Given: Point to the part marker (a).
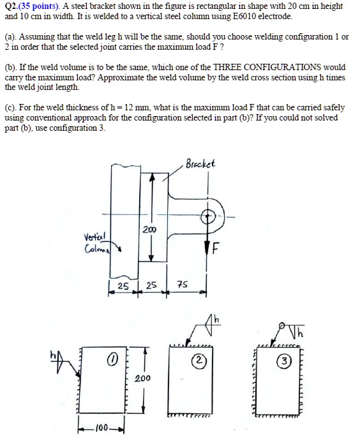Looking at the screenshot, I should click(11, 37).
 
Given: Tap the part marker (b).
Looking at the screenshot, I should click(11, 67).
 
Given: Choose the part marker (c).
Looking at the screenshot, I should click(11, 107).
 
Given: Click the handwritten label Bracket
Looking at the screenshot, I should click(200, 163).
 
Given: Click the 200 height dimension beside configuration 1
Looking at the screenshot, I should click(143, 378).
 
